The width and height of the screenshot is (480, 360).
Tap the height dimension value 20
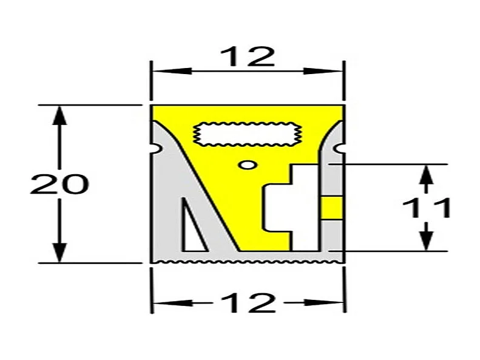[59, 185]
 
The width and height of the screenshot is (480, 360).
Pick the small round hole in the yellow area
[246, 164]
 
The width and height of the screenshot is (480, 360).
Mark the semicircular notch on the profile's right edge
[340, 148]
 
